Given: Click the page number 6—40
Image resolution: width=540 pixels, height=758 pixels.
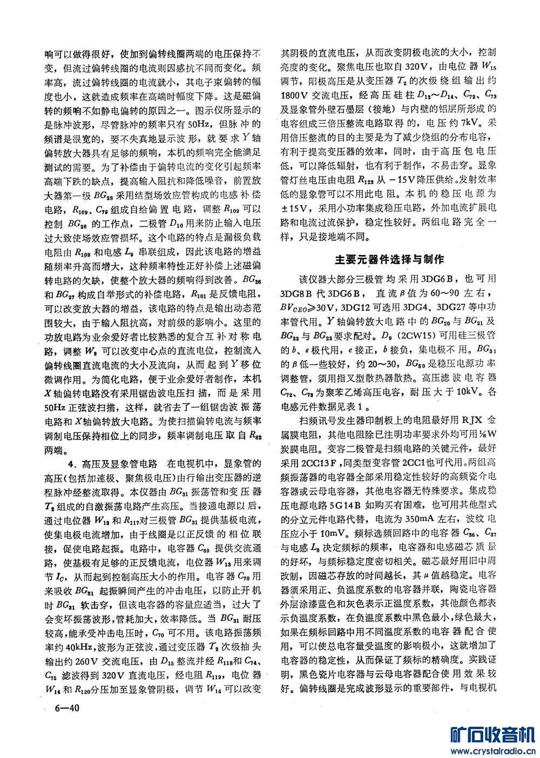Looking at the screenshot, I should tap(66, 708).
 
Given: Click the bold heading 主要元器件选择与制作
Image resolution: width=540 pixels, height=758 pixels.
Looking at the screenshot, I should tap(389, 260).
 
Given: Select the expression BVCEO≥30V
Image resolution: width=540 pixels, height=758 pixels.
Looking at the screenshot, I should tap(307, 307).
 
